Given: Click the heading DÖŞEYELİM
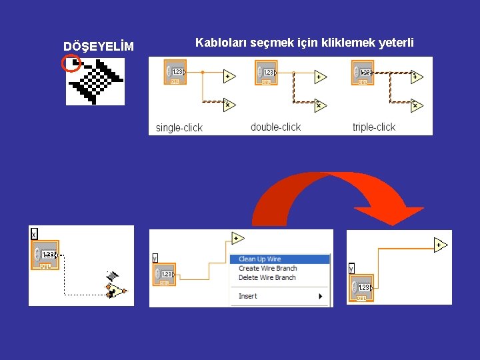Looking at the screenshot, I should (x=98, y=46).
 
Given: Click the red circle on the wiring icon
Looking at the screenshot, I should (x=71, y=63).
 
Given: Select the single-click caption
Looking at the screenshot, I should (x=179, y=127).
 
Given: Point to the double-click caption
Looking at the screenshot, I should (x=275, y=127).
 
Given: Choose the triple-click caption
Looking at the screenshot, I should (x=373, y=127).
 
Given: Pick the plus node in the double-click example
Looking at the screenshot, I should (x=321, y=77).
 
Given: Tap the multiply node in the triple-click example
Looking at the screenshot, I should (x=417, y=105).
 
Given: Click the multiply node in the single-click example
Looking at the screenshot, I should (x=228, y=105).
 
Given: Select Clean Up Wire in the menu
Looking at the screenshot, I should (x=260, y=259).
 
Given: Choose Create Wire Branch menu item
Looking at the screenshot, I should (x=267, y=268).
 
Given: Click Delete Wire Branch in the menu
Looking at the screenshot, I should (x=267, y=277).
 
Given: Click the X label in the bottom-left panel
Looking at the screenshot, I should (x=34, y=234).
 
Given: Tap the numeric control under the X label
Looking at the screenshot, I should (x=46, y=255).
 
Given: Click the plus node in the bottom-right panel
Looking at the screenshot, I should (x=439, y=245).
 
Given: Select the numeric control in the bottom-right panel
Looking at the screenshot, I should (x=361, y=287).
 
